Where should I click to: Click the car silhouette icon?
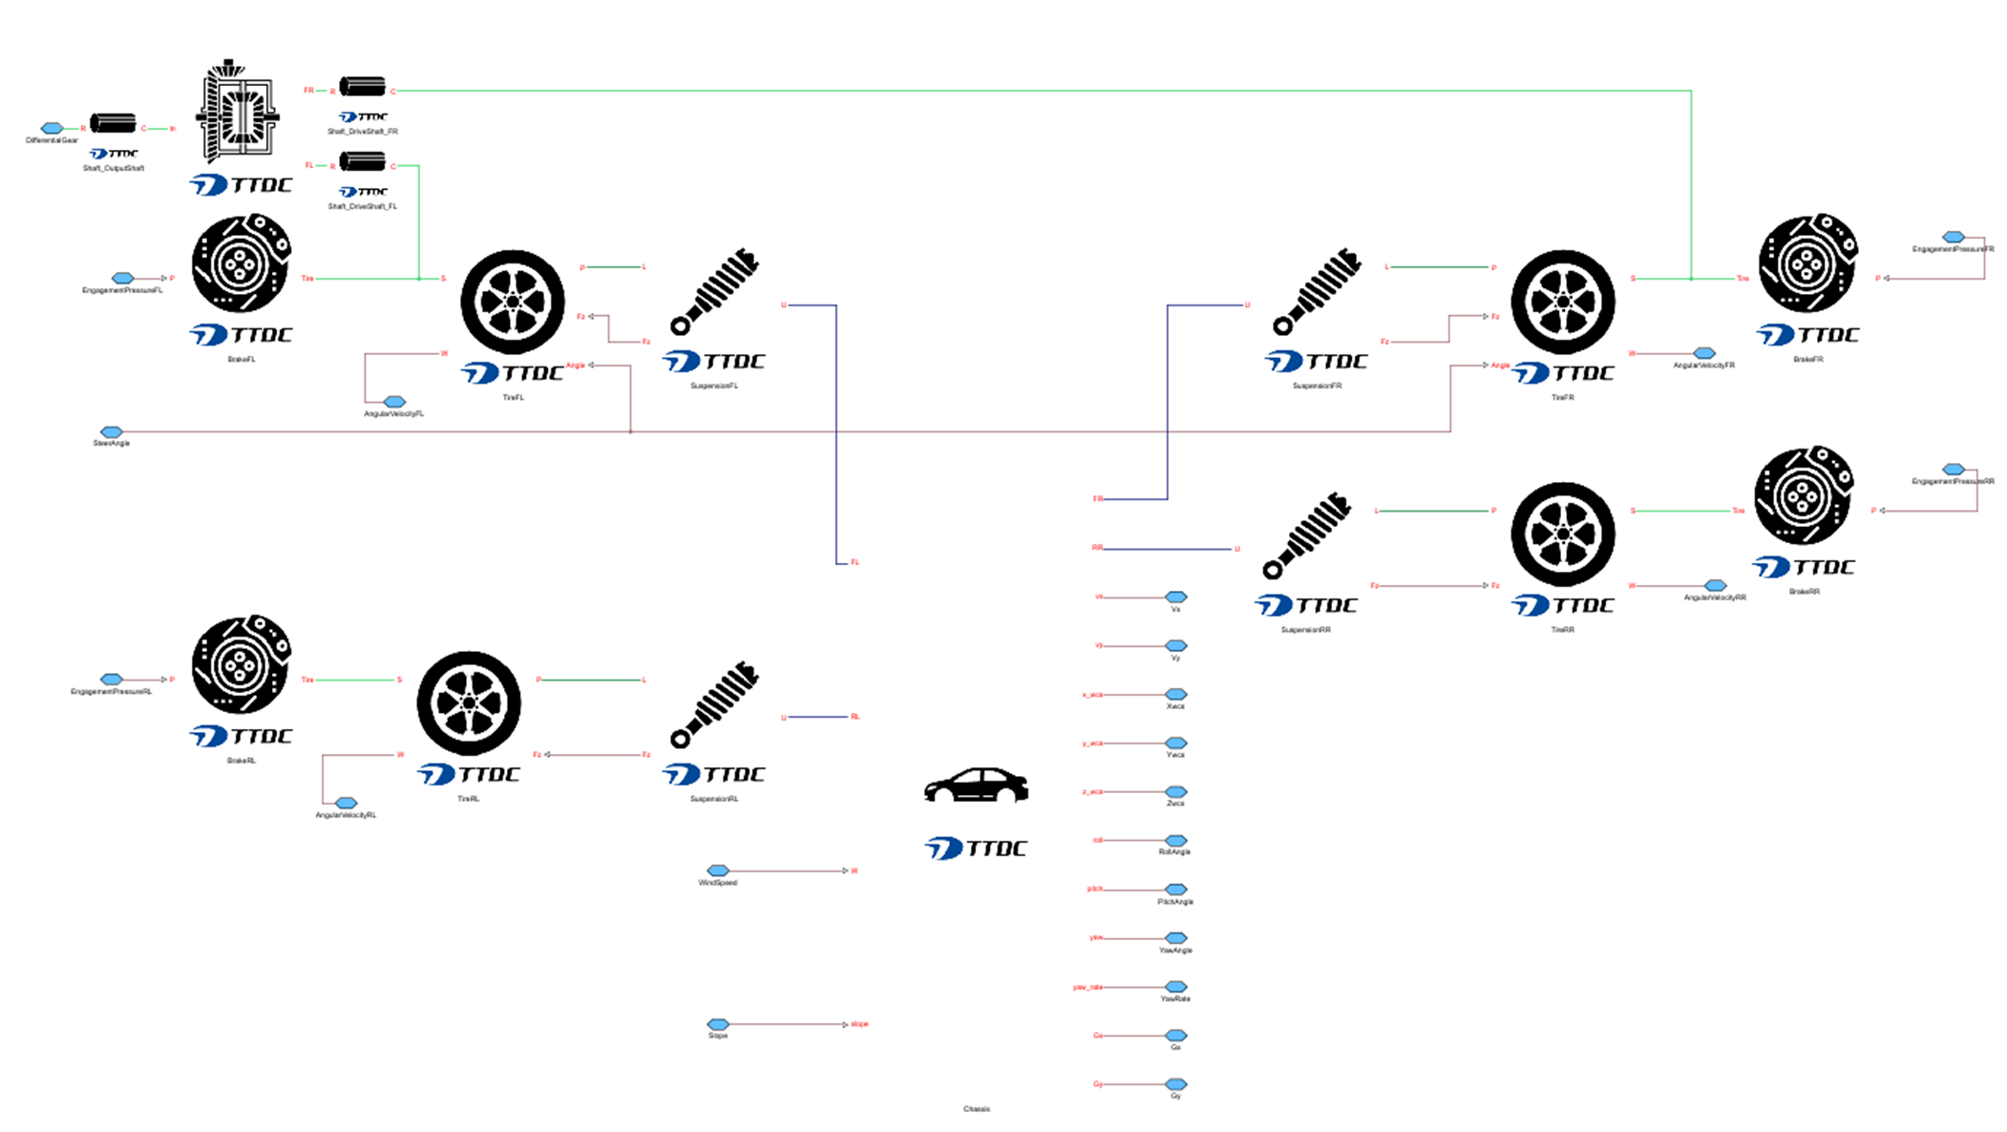(976, 786)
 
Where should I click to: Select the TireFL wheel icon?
(513, 302)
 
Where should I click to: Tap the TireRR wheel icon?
(1562, 534)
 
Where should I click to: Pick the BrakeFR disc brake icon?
(1807, 263)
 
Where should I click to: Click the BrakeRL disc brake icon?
(241, 664)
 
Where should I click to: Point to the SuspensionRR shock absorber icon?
(1306, 535)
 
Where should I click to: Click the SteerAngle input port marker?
(112, 432)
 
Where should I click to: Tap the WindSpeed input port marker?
(718, 870)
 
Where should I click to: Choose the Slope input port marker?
(718, 1024)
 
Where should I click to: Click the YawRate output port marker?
(1176, 987)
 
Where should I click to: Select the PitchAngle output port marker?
(1176, 890)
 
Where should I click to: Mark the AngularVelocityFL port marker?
(394, 402)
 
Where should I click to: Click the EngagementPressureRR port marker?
(1954, 470)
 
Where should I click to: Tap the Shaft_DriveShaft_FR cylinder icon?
(363, 87)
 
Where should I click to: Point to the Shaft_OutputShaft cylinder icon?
(113, 124)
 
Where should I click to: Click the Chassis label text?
(977, 1109)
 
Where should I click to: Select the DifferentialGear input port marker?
(52, 128)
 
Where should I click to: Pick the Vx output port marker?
(1176, 597)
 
